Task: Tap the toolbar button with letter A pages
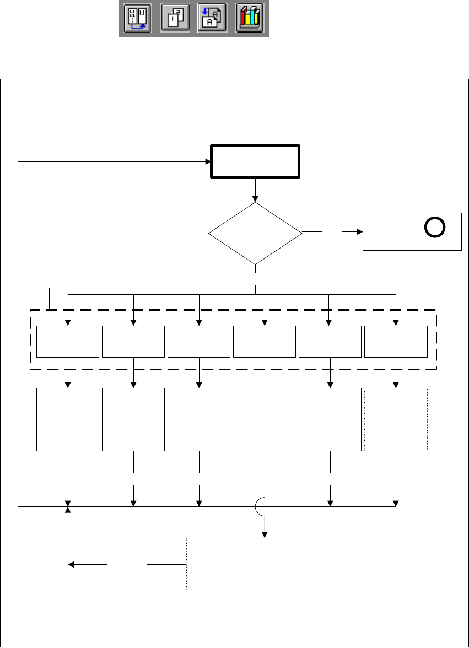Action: tap(212, 19)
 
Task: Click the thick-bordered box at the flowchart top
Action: tap(255, 161)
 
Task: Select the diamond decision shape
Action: tap(255, 233)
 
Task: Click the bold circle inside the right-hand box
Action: tap(434, 228)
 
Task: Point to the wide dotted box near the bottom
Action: tap(265, 564)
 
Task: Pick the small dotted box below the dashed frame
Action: tap(396, 420)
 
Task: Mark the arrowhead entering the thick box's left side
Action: tap(208, 161)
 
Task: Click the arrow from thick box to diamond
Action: tap(255, 190)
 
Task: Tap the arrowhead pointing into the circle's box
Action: tap(359, 232)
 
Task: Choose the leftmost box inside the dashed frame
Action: tap(67, 341)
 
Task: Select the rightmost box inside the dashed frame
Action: tap(396, 341)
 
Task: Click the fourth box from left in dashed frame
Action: tap(265, 341)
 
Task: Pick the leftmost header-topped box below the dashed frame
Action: tap(67, 420)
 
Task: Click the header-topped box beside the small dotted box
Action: tap(330, 420)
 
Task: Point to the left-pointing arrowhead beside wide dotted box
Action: tap(71, 564)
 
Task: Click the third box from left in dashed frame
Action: tap(198, 341)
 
